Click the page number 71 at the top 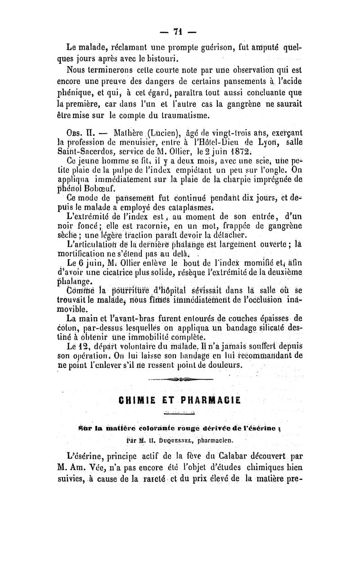[180, 32]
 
